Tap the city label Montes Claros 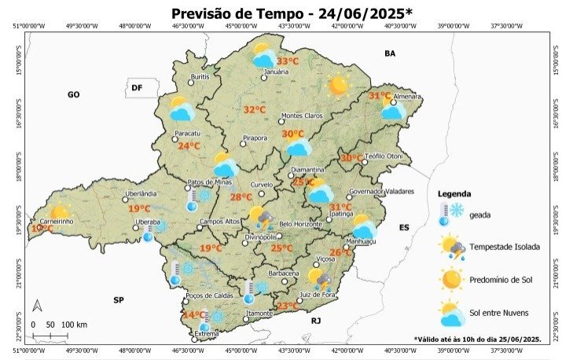pyautogui.click(x=302, y=116)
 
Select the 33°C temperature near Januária pyautogui.click(x=287, y=61)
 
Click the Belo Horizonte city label pyautogui.click(x=300, y=224)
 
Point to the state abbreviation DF pyautogui.click(x=136, y=87)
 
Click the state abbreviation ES pyautogui.click(x=405, y=227)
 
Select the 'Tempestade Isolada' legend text pyautogui.click(x=504, y=247)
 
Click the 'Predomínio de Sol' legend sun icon pyautogui.click(x=451, y=279)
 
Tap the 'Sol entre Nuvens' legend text pyautogui.click(x=498, y=313)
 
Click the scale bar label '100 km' pyautogui.click(x=73, y=325)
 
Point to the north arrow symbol pyautogui.click(x=37, y=307)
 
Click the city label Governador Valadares pyautogui.click(x=380, y=191)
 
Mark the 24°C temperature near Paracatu pyautogui.click(x=189, y=146)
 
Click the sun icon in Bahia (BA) pyautogui.click(x=338, y=86)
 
